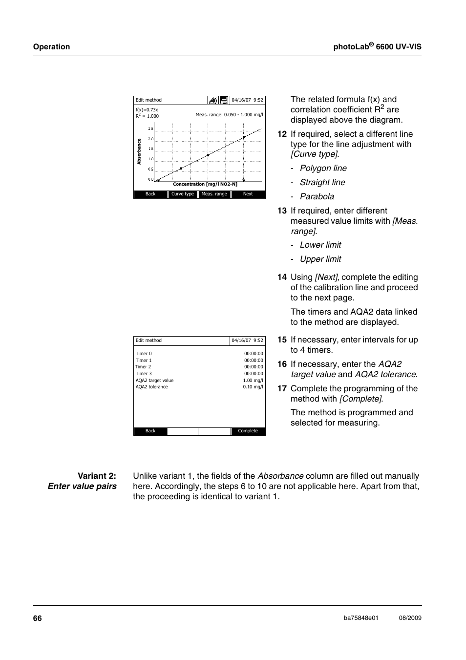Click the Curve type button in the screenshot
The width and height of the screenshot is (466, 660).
183,194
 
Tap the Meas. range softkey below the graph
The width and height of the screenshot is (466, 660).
214,194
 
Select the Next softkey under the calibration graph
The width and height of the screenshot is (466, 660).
248,194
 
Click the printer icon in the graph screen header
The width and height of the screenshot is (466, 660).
213,100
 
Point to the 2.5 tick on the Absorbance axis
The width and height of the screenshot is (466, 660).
151,128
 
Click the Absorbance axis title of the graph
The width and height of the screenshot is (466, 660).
139,151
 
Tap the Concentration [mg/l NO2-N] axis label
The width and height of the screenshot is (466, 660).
205,184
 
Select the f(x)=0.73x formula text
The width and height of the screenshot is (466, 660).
147,110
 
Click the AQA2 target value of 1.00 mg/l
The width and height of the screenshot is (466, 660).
253,381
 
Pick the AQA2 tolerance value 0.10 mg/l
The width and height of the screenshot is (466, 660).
253,387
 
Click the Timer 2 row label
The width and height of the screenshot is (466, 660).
143,367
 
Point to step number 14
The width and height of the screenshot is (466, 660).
282,277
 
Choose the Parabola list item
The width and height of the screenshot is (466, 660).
317,196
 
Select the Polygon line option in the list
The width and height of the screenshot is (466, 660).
323,168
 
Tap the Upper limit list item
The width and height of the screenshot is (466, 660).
320,259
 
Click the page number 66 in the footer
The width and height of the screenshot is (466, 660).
38,618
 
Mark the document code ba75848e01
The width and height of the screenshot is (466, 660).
361,618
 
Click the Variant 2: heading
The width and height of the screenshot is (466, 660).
97,476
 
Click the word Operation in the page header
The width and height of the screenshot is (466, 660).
51,47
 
